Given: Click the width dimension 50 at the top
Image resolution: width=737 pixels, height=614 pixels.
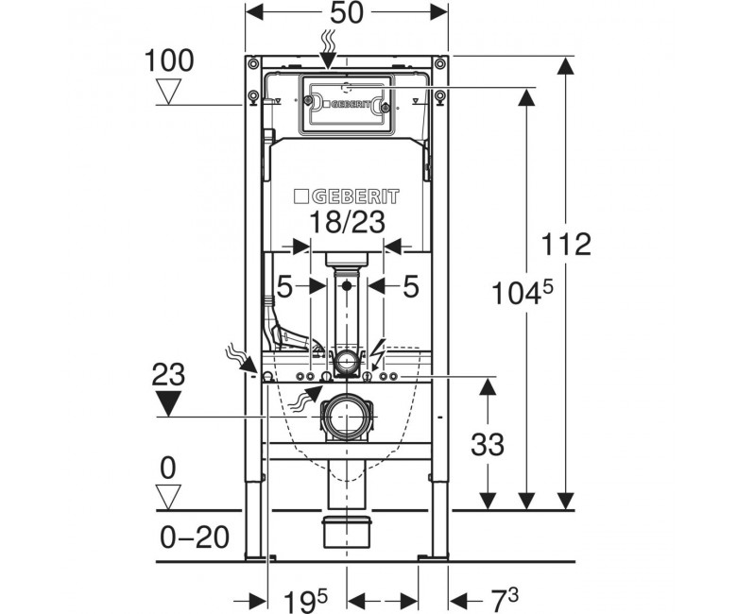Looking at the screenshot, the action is pyautogui.click(x=347, y=13).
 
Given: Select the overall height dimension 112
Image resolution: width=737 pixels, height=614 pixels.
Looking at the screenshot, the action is pyautogui.click(x=566, y=245).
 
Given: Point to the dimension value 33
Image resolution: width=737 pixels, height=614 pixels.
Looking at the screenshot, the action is pyautogui.click(x=488, y=444).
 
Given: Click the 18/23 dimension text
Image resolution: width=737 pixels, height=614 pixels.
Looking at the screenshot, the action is pyautogui.click(x=348, y=222).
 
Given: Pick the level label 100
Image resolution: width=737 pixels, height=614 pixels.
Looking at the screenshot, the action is pyautogui.click(x=169, y=60).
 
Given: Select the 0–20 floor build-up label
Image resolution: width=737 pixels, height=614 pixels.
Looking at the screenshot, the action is pyautogui.click(x=195, y=537).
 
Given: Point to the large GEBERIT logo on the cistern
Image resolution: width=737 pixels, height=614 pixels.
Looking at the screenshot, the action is pyautogui.click(x=347, y=196).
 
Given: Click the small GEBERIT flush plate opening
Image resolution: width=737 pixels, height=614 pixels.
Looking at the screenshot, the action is pyautogui.click(x=347, y=104).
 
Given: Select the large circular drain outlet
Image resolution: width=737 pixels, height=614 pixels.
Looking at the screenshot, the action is pyautogui.click(x=347, y=418).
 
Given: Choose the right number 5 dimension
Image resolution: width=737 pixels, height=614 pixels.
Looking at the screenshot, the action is pyautogui.click(x=410, y=286).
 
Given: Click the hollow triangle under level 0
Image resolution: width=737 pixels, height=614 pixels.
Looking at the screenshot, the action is pyautogui.click(x=168, y=498).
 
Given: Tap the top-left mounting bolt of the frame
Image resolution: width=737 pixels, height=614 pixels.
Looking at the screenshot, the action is pyautogui.click(x=254, y=63).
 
